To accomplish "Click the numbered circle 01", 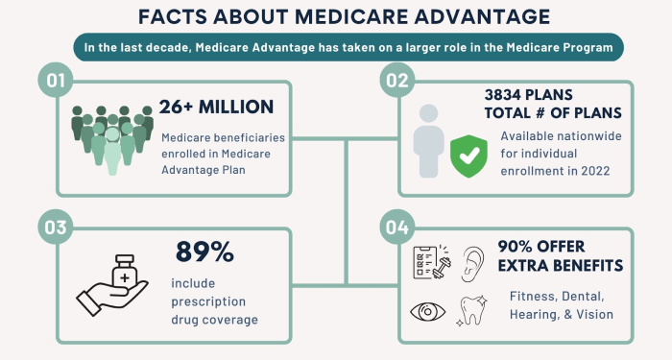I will pyautogui.click(x=55, y=82).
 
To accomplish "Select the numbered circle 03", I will pyautogui.click(x=55, y=228).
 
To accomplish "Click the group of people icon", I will pyautogui.click(x=111, y=139).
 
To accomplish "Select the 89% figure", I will pyautogui.click(x=204, y=252).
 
